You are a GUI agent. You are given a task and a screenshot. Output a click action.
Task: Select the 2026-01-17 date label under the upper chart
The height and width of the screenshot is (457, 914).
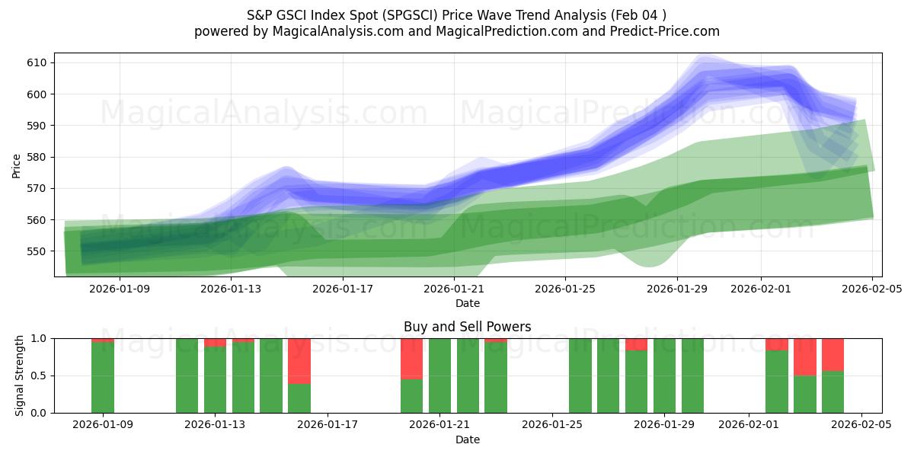[343, 289]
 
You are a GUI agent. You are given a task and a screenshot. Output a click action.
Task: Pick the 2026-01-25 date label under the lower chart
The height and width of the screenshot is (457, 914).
[551, 425]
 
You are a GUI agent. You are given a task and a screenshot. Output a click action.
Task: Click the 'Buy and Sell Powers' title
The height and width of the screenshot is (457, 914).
[467, 327]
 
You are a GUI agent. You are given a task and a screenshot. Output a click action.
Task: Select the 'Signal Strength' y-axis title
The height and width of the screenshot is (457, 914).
[20, 376]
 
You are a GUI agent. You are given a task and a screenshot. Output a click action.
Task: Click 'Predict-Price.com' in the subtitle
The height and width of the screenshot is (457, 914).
[669, 31]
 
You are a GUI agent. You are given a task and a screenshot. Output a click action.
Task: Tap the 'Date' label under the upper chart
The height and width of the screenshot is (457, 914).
[467, 303]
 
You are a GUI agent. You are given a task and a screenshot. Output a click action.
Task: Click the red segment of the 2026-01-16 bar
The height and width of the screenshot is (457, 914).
[299, 360]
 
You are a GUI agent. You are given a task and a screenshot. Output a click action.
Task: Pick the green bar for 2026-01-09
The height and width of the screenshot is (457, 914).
[103, 378]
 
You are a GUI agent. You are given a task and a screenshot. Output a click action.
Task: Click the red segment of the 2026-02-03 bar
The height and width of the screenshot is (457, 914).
[805, 356]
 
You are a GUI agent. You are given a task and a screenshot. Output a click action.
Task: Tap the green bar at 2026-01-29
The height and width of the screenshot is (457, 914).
[664, 376]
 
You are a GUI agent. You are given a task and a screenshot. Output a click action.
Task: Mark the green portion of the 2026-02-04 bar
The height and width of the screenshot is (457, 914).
[833, 391]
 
